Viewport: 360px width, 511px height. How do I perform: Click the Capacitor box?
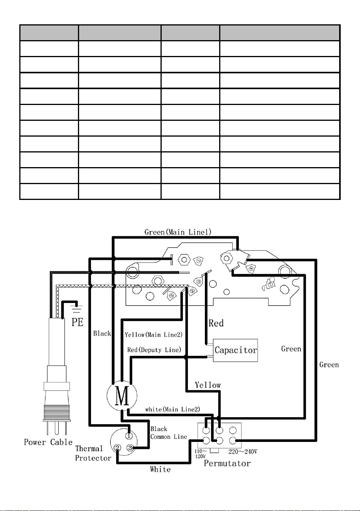235,350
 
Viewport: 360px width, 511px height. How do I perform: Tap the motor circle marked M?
122,396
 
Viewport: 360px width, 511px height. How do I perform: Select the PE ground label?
77,322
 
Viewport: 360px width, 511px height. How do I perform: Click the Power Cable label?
48,442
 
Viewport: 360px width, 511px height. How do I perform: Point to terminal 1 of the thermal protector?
129,436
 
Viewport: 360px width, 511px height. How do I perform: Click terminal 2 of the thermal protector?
117,448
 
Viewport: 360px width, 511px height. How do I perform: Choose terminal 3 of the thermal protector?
130,448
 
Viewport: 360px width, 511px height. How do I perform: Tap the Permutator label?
227,463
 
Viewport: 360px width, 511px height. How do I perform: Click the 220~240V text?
243,452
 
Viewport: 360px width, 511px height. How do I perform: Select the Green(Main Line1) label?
178,232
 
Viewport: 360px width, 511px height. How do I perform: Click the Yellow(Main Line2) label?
154,335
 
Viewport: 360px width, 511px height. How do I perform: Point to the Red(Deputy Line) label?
154,350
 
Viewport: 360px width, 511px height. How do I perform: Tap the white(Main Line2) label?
173,409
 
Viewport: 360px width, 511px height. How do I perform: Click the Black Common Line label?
169,433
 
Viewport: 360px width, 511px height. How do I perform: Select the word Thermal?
89,448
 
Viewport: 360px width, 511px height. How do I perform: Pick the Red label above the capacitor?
216,323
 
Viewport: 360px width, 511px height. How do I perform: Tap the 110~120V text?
201,453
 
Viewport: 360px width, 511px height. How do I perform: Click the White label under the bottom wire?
160,469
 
